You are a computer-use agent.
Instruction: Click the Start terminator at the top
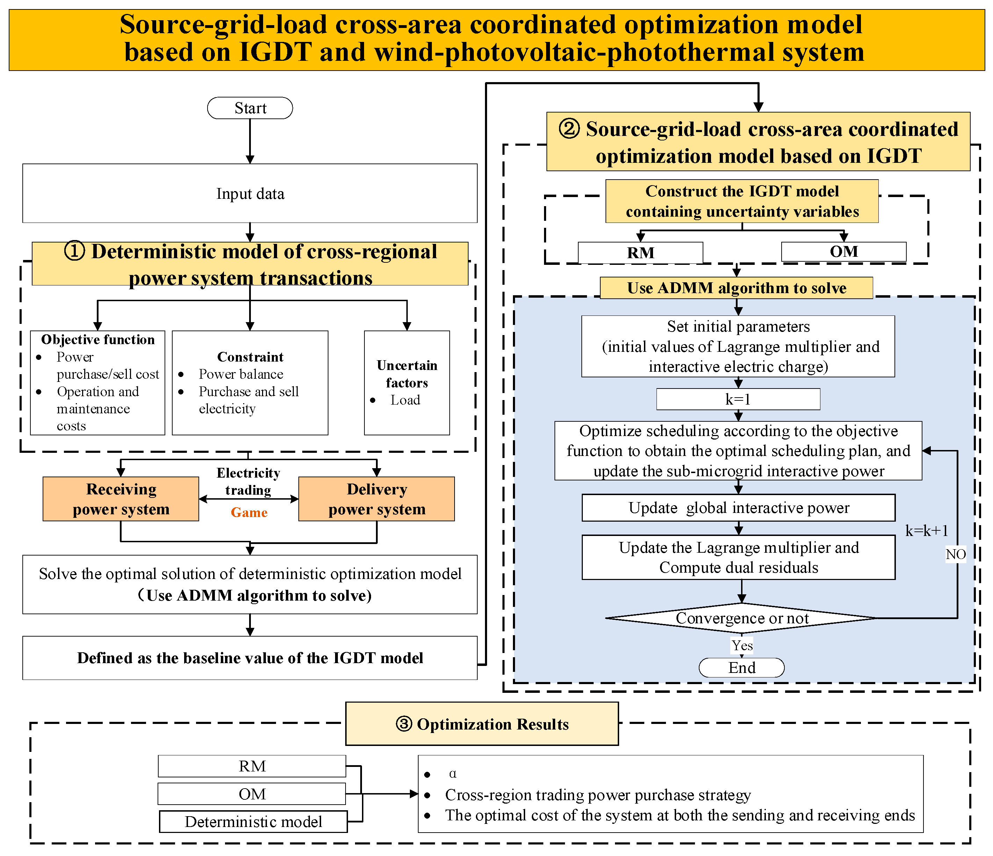(x=250, y=108)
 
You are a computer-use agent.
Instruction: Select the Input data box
(x=250, y=193)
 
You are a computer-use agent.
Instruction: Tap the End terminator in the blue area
(x=741, y=667)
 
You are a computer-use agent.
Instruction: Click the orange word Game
(x=249, y=512)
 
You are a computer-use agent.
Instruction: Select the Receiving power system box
(x=121, y=499)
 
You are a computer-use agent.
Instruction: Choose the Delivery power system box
(x=376, y=499)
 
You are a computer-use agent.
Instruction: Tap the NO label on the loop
(x=955, y=554)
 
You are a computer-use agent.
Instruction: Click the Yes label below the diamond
(x=741, y=645)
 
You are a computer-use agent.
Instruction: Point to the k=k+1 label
(x=926, y=531)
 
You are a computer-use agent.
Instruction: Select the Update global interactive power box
(x=738, y=508)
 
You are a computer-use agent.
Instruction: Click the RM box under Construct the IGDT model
(x=640, y=252)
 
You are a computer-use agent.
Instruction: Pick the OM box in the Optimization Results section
(x=252, y=794)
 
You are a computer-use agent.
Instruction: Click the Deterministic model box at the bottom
(x=253, y=821)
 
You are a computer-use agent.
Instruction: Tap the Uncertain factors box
(x=406, y=383)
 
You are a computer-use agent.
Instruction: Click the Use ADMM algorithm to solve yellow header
(x=736, y=288)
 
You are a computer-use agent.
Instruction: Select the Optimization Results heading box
(x=481, y=724)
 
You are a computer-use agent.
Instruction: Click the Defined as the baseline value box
(x=250, y=658)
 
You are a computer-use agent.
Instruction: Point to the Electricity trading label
(x=248, y=481)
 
